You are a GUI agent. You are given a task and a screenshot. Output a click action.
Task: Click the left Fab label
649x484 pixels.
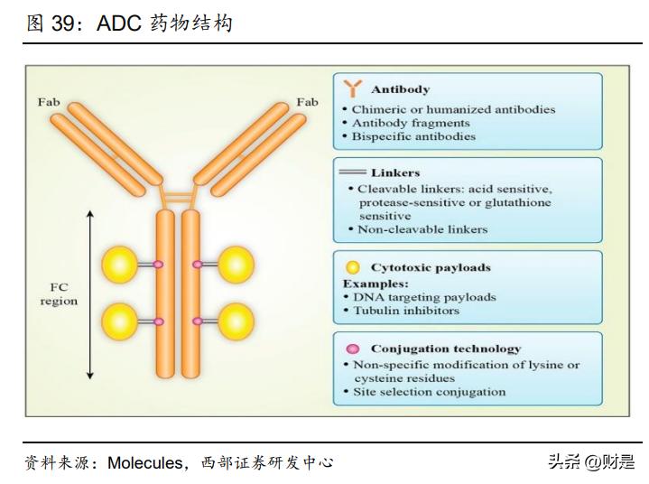49,102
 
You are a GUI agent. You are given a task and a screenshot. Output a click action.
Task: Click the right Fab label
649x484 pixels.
307,102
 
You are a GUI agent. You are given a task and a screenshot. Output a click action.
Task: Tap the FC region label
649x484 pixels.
59,294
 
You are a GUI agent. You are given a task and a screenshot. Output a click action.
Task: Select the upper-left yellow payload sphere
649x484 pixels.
119,264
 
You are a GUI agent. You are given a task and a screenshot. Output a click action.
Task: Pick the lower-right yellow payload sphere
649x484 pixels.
236,321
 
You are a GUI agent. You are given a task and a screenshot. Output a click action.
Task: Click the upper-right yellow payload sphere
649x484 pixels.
236,264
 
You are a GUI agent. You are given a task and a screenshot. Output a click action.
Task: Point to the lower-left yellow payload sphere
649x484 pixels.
119,321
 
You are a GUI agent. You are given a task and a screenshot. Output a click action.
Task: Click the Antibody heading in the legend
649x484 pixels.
400,89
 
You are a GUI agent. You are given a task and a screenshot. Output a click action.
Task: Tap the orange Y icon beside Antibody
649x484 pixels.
352,88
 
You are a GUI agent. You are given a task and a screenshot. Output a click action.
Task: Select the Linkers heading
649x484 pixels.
395,172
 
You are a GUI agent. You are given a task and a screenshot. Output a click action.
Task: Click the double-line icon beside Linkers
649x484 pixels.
353,172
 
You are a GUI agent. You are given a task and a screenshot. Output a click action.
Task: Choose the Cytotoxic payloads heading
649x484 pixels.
431,267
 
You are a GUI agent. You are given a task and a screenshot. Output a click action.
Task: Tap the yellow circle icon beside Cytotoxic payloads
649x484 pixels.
353,267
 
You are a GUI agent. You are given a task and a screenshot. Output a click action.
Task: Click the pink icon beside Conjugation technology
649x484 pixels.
353,349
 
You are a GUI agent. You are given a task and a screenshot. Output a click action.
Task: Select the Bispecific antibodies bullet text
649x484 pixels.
413,136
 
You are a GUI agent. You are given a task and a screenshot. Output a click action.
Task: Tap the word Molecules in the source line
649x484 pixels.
144,463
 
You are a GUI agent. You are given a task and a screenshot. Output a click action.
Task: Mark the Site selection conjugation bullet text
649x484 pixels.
429,392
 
